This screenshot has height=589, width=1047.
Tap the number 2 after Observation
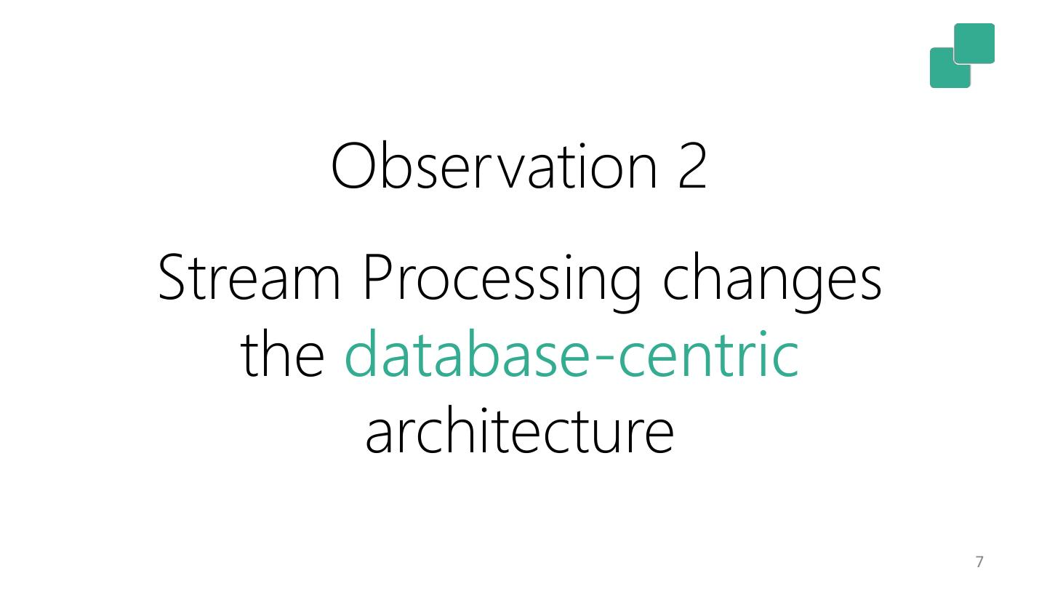[692, 166]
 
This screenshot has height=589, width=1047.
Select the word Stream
[249, 277]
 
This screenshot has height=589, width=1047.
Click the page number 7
[979, 561]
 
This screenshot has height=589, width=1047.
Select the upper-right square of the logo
[974, 43]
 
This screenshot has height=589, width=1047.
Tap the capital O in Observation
[353, 166]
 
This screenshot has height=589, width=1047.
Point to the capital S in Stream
[173, 277]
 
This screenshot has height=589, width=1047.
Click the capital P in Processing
[378, 277]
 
